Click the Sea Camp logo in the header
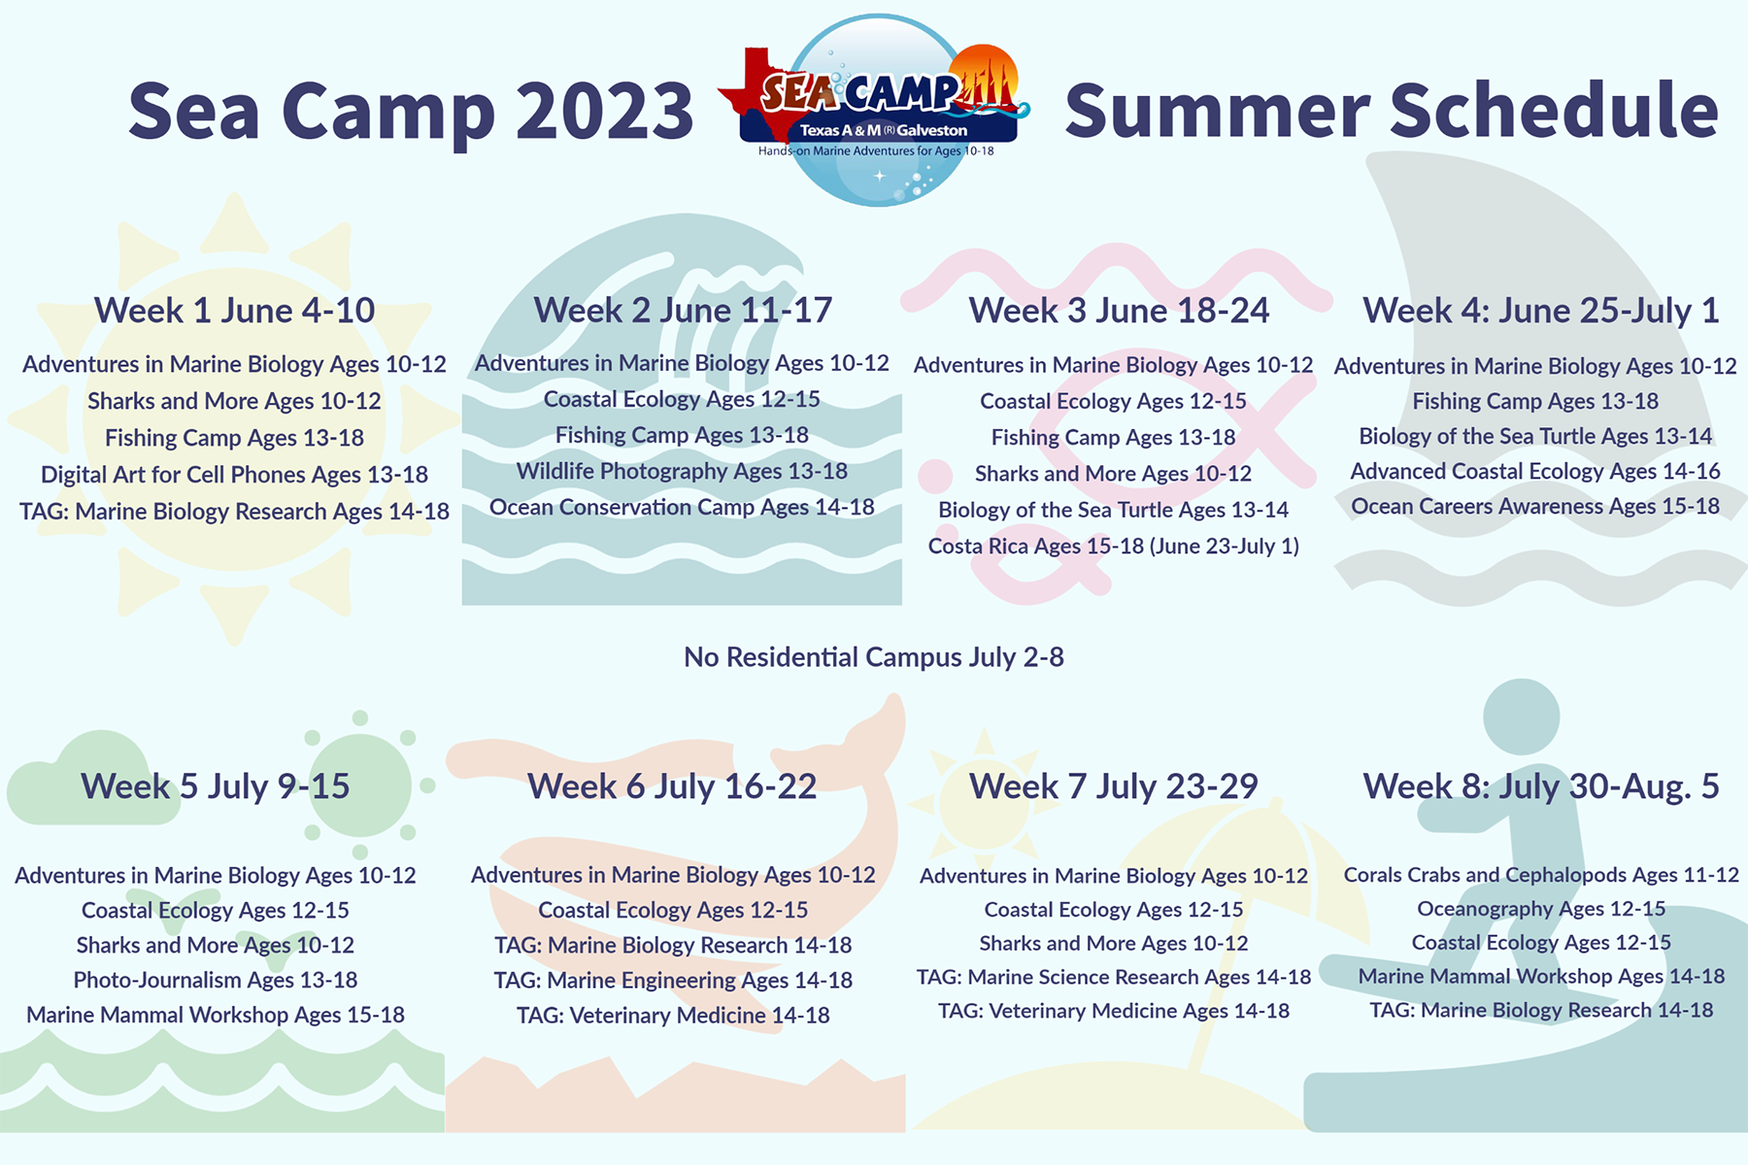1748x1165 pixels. [877, 110]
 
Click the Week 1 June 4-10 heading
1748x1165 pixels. [234, 311]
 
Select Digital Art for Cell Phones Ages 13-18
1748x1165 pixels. [234, 475]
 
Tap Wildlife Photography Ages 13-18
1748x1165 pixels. [682, 472]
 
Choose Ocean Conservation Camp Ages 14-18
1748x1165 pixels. [682, 508]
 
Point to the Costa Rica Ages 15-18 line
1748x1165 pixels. [1114, 547]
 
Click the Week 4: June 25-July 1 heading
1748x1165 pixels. [1541, 311]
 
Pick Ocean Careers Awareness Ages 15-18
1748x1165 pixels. [1535, 507]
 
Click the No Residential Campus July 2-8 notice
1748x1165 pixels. [874, 657]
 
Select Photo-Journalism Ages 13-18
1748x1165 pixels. [216, 981]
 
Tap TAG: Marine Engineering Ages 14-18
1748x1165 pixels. [673, 981]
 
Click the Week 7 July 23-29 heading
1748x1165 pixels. [1114, 786]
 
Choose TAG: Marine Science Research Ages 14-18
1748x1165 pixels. [1114, 978]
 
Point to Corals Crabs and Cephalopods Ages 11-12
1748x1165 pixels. [1541, 875]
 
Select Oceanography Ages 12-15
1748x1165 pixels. [1541, 910]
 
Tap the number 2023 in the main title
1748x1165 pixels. [604, 111]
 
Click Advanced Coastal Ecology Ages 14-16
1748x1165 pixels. [1535, 472]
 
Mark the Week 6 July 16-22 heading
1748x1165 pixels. [672, 786]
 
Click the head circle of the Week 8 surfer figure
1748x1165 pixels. [1521, 717]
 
